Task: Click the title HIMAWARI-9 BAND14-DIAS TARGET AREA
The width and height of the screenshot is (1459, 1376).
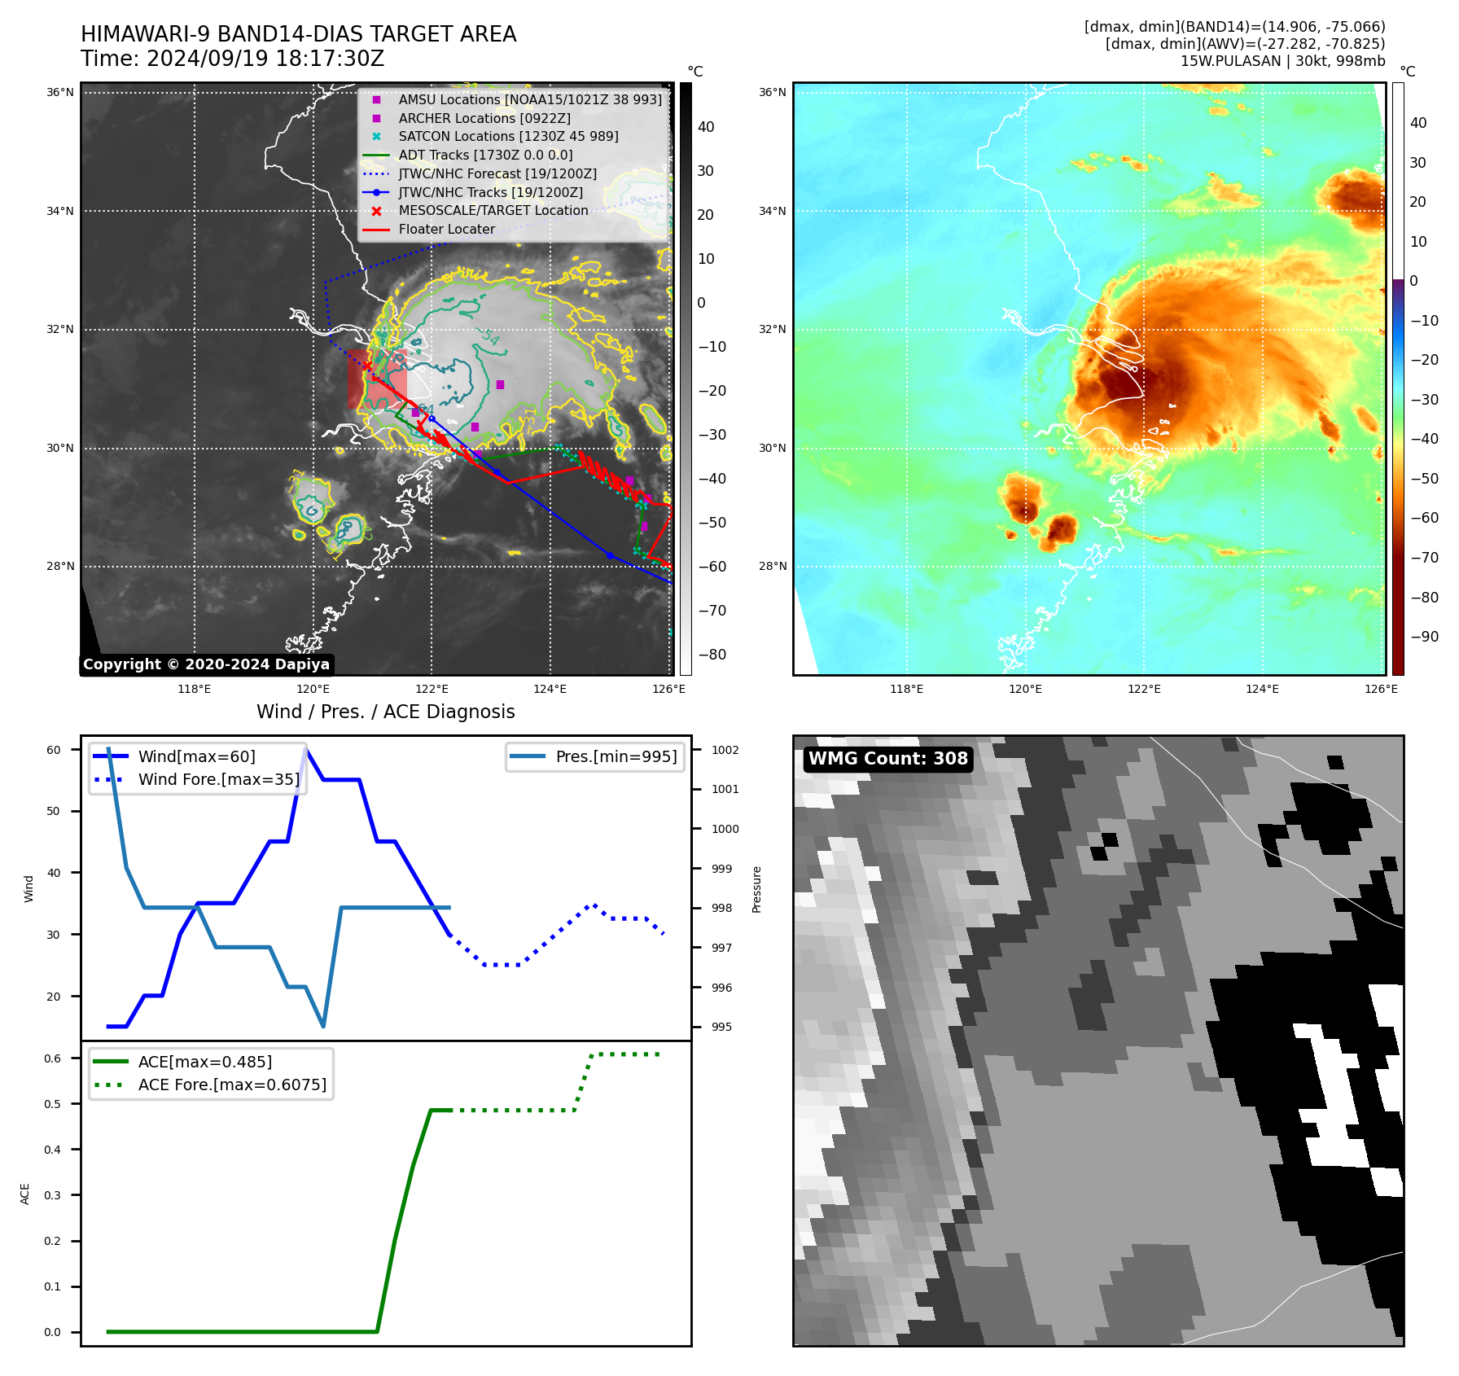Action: pyautogui.click(x=298, y=34)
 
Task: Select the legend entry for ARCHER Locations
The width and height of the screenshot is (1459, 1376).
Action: pyautogui.click(x=484, y=118)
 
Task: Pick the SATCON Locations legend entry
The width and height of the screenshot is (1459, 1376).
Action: pyautogui.click(x=508, y=137)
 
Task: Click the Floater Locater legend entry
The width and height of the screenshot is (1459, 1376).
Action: pyautogui.click(x=446, y=230)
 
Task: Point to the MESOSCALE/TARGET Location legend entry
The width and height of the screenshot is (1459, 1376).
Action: pyautogui.click(x=493, y=211)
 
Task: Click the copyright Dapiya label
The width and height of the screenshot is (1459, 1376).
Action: pyautogui.click(x=206, y=664)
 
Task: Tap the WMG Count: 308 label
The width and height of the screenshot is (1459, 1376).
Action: pyautogui.click(x=887, y=759)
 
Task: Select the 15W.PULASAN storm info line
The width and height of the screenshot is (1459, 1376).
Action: pyautogui.click(x=1282, y=61)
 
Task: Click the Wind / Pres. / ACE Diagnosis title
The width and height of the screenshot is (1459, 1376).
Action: pyautogui.click(x=385, y=712)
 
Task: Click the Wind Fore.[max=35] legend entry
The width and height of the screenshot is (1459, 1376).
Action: pyautogui.click(x=218, y=780)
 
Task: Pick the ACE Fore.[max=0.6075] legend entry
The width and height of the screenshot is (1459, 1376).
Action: pyautogui.click(x=232, y=1085)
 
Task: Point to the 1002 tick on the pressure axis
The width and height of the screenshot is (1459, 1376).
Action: pyautogui.click(x=725, y=750)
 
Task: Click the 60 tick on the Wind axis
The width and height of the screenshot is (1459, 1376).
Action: pyautogui.click(x=54, y=750)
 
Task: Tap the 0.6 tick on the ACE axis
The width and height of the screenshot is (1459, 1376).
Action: pyautogui.click(x=53, y=1058)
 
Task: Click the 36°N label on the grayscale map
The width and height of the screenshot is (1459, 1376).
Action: pyautogui.click(x=59, y=93)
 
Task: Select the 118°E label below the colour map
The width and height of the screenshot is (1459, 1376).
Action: pyautogui.click(x=906, y=689)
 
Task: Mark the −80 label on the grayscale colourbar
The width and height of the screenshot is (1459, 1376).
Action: pyautogui.click(x=712, y=655)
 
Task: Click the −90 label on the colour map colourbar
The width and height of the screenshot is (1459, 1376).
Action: pyautogui.click(x=1424, y=637)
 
